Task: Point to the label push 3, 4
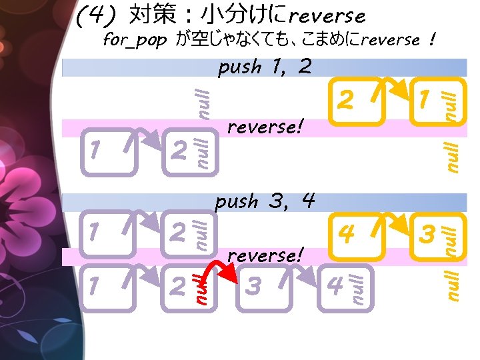[x=265, y=201]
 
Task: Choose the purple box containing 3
[x=263, y=287]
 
